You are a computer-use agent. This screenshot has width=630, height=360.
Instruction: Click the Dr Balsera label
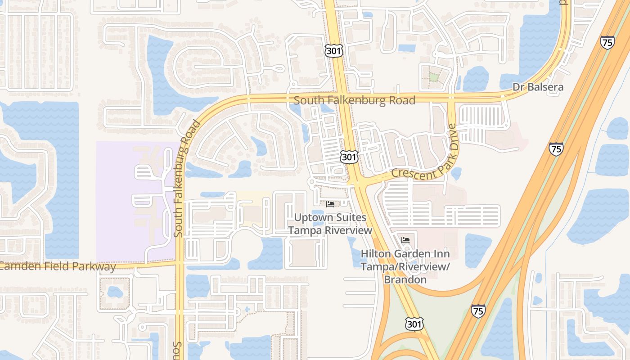click(x=538, y=87)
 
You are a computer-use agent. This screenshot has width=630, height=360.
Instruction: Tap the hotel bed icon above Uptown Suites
click(x=330, y=204)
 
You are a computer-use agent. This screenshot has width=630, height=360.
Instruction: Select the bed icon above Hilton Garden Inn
click(x=405, y=240)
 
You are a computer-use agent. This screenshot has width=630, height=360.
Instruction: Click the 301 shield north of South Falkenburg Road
click(x=333, y=51)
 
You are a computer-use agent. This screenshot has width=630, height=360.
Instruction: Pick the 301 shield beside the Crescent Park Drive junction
click(x=349, y=157)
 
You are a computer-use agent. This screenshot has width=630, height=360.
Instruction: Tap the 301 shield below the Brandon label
click(x=414, y=324)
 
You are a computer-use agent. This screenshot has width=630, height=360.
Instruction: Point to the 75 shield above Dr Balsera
click(x=607, y=43)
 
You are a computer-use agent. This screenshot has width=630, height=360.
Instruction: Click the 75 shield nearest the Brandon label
click(x=478, y=310)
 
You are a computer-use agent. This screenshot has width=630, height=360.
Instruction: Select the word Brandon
click(x=405, y=279)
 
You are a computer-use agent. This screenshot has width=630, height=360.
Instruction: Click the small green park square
click(x=433, y=77)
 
